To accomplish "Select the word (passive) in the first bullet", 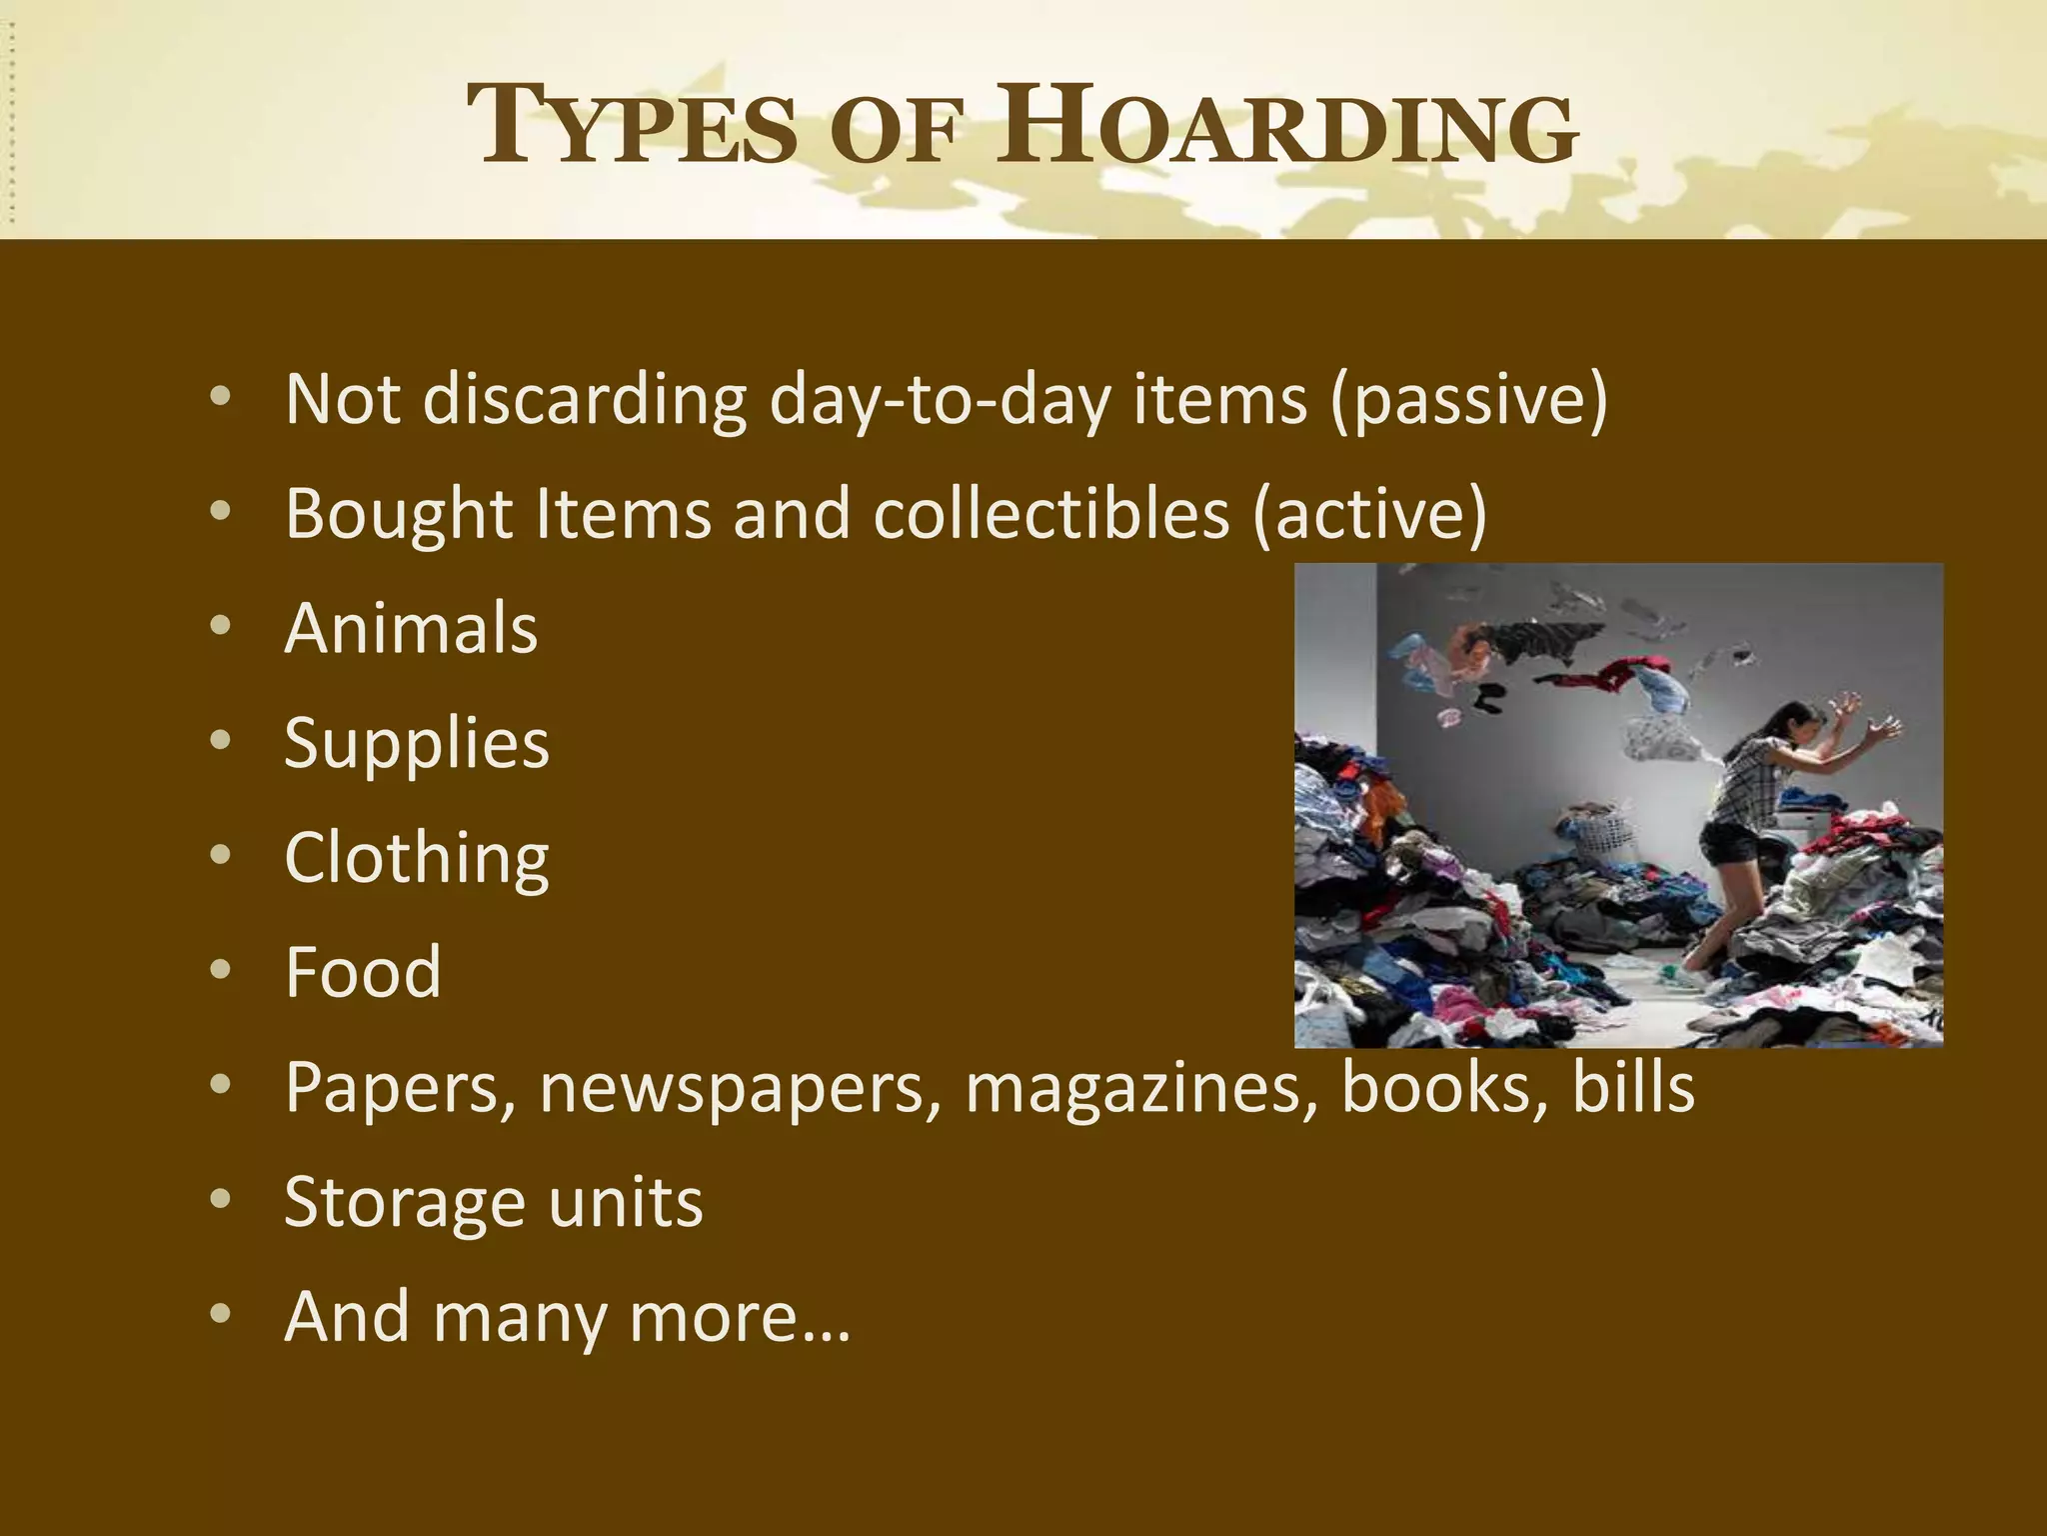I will point(1468,399).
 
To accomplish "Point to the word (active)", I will point(1369,513).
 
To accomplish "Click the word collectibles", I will point(1050,513).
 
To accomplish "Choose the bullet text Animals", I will point(411,628).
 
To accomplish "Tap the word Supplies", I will point(417,744).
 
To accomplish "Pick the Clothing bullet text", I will point(417,858).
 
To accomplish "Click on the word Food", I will point(363,972).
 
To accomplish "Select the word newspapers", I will point(741,1087).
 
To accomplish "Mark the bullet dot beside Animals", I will point(221,626).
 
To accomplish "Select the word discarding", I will point(585,399).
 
